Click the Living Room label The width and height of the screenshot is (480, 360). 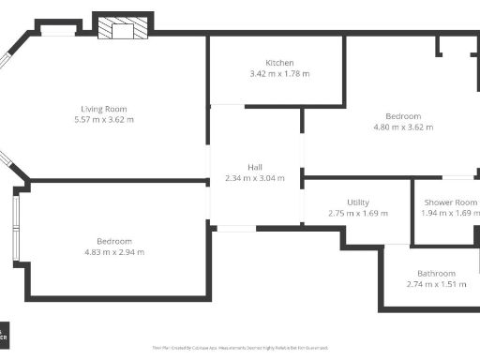click(x=104, y=109)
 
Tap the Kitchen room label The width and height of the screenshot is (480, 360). click(x=279, y=63)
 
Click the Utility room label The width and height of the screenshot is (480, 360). click(x=358, y=202)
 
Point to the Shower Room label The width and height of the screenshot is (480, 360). click(x=450, y=202)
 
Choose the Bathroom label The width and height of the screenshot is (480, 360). click(x=436, y=274)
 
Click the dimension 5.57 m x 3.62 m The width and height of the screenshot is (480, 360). click(x=104, y=120)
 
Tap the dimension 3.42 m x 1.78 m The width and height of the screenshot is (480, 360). click(x=279, y=74)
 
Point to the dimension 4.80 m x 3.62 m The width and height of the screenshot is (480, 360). click(x=403, y=127)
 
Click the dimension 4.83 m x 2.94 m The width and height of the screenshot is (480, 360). click(x=114, y=252)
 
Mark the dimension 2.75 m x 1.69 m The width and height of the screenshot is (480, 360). click(x=358, y=214)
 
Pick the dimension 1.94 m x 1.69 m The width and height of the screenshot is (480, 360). click(x=450, y=214)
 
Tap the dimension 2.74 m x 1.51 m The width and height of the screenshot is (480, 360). click(x=436, y=285)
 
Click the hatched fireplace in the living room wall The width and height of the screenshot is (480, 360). click(x=123, y=29)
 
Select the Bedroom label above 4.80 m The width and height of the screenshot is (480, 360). click(x=403, y=116)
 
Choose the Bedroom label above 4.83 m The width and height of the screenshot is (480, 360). click(x=114, y=241)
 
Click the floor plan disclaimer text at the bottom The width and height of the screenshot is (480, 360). click(x=240, y=348)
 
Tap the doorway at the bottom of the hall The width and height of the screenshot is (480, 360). click(x=235, y=228)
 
